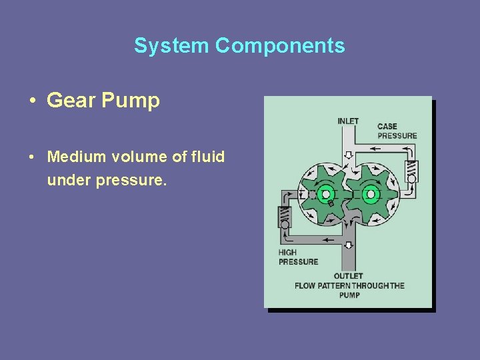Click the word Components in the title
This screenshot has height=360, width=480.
pyautogui.click(x=280, y=45)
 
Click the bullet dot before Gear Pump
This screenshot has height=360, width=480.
pyautogui.click(x=32, y=101)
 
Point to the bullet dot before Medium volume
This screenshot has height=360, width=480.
pyautogui.click(x=32, y=157)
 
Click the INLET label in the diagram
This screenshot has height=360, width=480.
pyautogui.click(x=348, y=121)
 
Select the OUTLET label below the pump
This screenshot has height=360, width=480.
pyautogui.click(x=348, y=276)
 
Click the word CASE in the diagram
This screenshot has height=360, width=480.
pyautogui.click(x=387, y=127)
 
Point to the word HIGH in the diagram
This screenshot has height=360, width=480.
pyautogui.click(x=288, y=253)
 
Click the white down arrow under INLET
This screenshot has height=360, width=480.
pyautogui.click(x=348, y=155)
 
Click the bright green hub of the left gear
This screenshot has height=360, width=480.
pyautogui.click(x=325, y=195)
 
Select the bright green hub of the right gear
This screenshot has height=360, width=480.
pyautogui.click(x=371, y=194)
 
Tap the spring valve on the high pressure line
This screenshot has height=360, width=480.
pyautogui.click(x=285, y=216)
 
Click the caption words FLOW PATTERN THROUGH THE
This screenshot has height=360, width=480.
pyautogui.click(x=349, y=286)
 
